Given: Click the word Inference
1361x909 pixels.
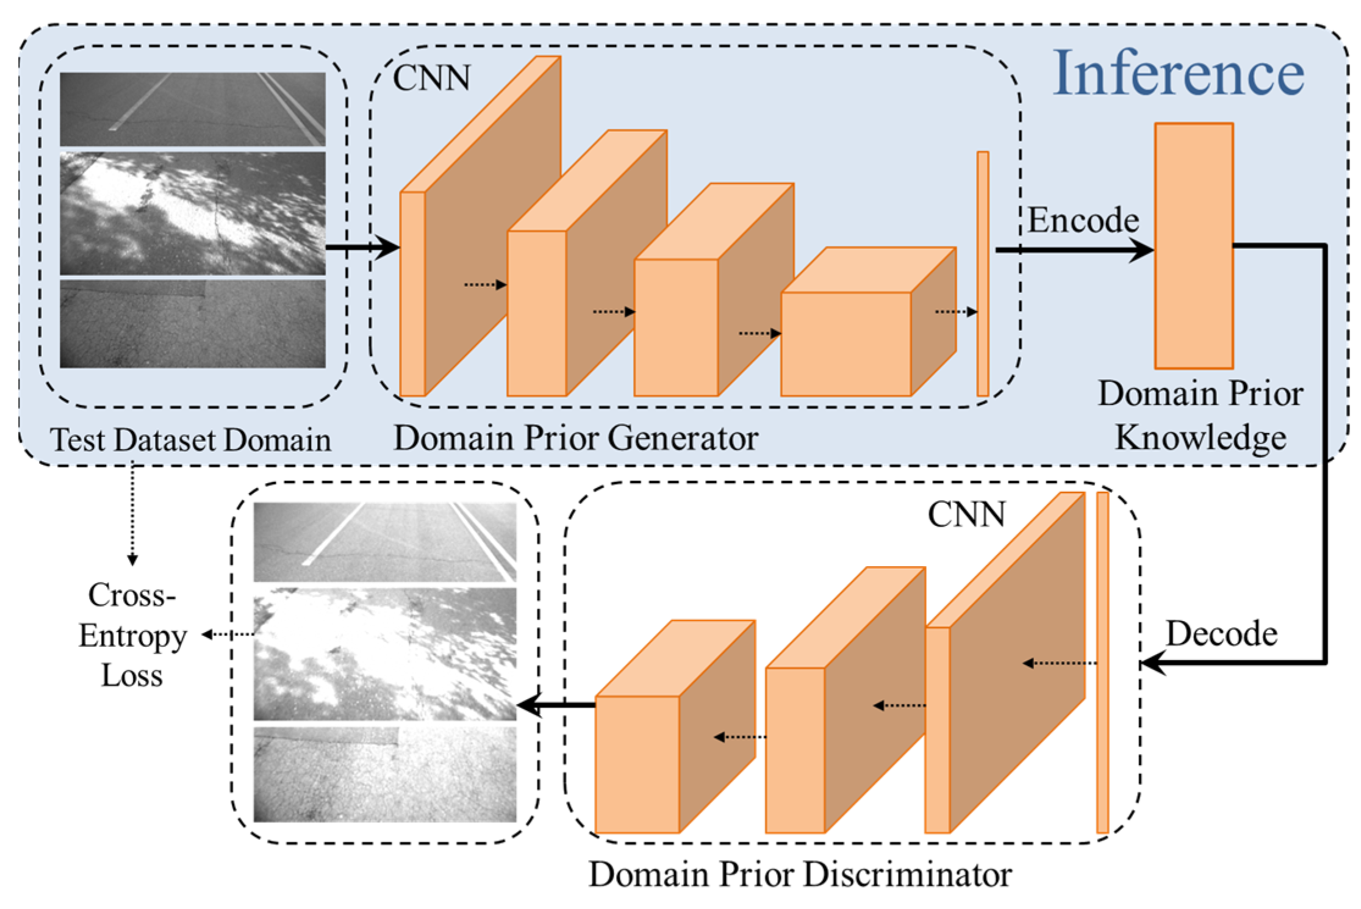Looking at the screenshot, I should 1178,73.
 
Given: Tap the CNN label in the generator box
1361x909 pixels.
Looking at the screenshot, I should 431,78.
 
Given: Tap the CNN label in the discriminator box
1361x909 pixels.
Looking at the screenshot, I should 966,515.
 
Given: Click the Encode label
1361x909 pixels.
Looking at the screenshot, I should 1083,220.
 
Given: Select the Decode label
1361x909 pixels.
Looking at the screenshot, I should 1221,634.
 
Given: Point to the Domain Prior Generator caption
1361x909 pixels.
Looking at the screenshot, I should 575,438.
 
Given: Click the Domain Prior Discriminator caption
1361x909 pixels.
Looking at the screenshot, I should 800,874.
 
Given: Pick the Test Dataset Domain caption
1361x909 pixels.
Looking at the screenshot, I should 190,440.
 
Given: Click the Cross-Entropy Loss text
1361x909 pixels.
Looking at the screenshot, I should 132,635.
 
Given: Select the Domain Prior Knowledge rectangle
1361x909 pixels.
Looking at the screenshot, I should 1193,246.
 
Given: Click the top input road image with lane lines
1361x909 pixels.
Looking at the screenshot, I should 193,109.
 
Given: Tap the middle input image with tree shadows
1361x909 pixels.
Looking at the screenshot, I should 193,214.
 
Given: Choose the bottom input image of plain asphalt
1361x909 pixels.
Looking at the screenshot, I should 193,323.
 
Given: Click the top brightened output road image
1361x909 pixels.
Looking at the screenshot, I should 385,542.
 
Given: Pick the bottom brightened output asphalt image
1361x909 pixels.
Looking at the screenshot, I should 385,774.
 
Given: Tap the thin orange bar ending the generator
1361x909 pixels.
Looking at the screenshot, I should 982,274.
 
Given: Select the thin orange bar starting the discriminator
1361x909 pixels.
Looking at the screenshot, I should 1102,663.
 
